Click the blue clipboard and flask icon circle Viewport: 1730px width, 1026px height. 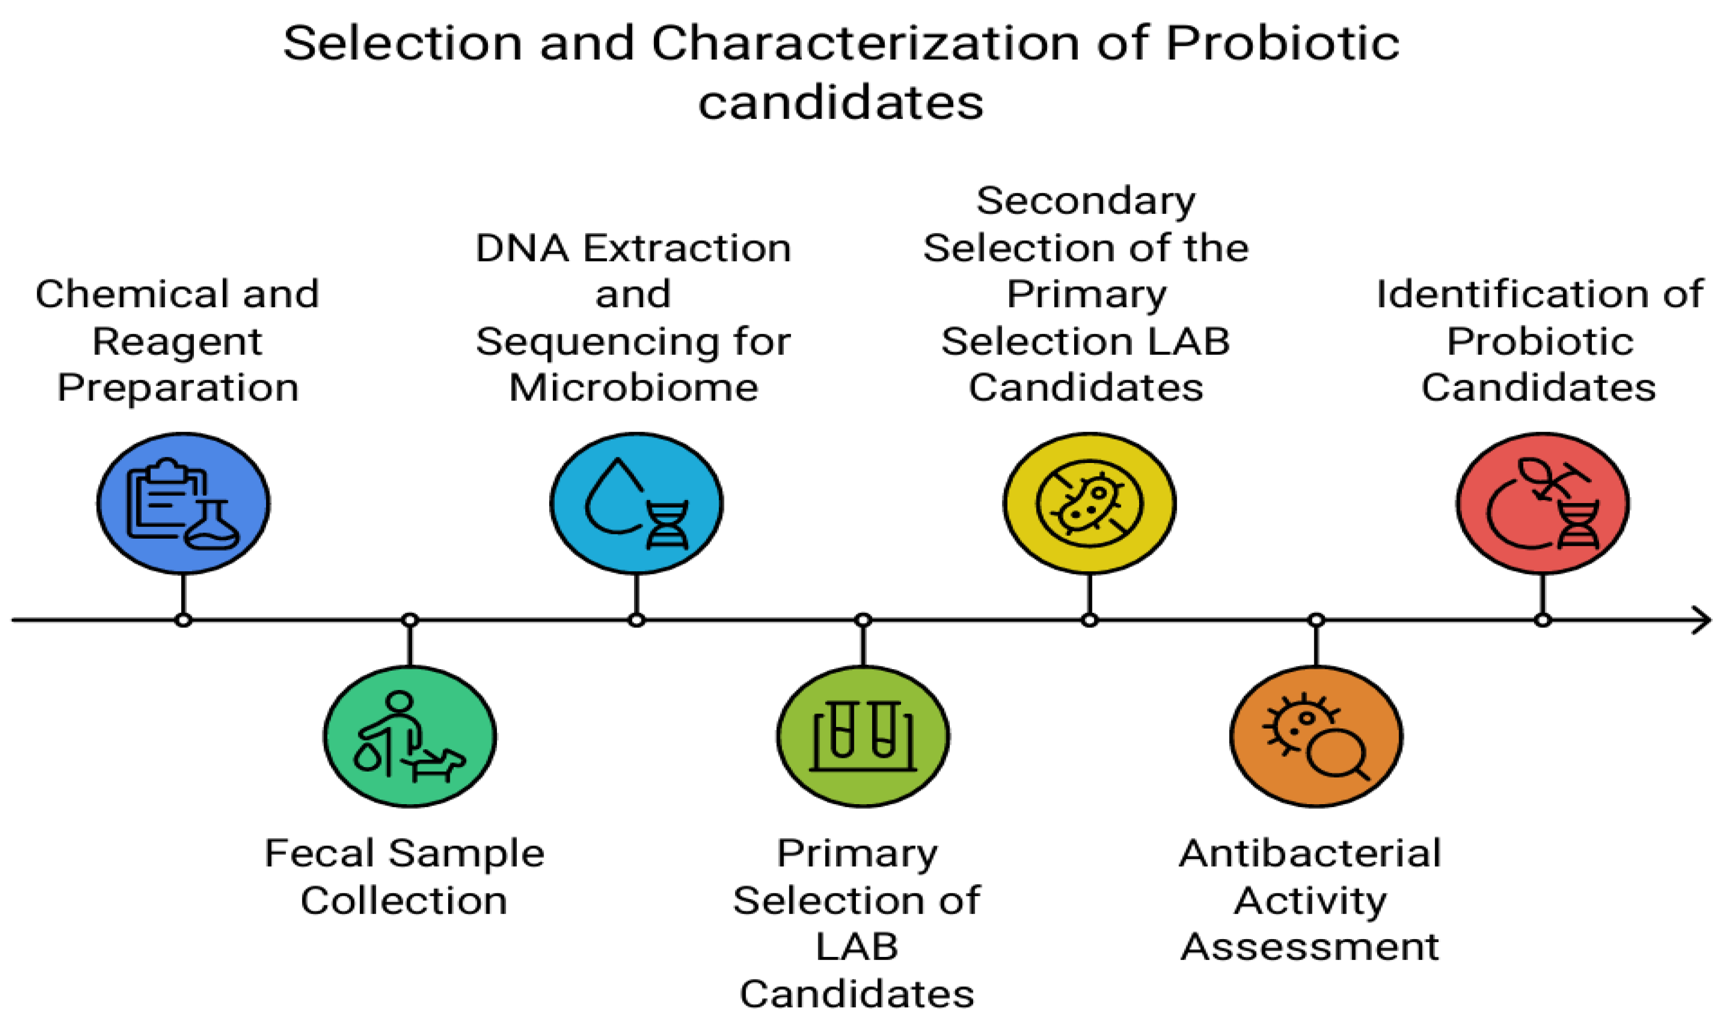pos(183,503)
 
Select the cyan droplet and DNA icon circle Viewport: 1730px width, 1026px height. pos(637,503)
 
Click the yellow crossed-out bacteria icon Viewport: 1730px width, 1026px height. pos(1089,503)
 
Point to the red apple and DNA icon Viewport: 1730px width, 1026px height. pos(1543,503)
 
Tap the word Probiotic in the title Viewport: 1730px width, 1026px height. pos(1283,43)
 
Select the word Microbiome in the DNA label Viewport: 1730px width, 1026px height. pos(634,387)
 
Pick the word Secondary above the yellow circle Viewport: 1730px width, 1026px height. pos(1086,201)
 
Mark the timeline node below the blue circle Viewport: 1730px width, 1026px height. pos(183,620)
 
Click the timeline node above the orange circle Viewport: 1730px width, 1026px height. pos(1316,620)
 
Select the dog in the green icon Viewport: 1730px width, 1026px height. pos(436,762)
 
